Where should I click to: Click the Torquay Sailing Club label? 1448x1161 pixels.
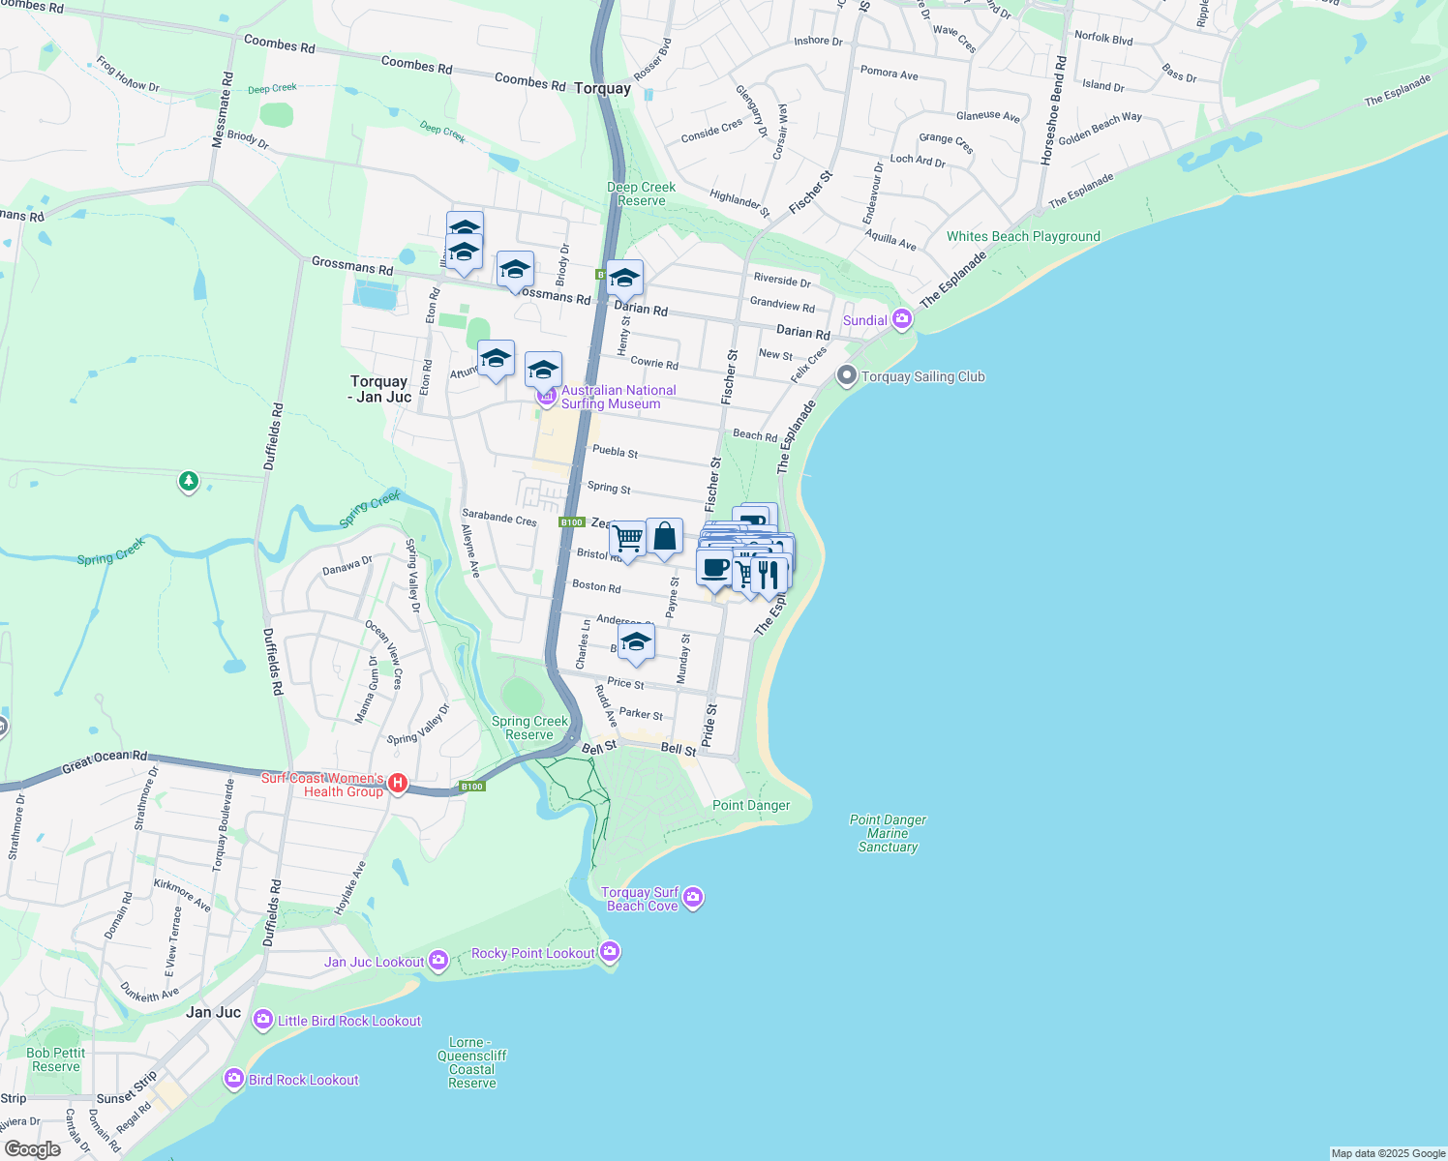(922, 377)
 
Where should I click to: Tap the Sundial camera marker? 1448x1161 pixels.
(902, 319)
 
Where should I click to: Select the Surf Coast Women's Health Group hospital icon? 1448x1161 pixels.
(397, 784)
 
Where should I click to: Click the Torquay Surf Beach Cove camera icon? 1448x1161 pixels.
(693, 899)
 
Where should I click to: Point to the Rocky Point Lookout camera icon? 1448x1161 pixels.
(609, 953)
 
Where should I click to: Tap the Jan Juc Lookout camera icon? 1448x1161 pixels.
(438, 961)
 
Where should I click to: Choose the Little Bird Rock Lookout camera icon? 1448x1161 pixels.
(262, 1020)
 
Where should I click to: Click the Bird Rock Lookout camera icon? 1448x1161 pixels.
(233, 1079)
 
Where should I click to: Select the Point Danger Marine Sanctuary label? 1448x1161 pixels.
(888, 833)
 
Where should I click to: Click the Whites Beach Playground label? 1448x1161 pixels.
(1023, 237)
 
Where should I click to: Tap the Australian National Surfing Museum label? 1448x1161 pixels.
(618, 398)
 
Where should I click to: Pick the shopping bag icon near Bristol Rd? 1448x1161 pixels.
(664, 538)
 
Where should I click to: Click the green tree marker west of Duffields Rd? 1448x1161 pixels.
(189, 481)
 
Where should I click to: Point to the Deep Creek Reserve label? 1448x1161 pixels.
(641, 194)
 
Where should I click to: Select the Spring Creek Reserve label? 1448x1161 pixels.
(529, 729)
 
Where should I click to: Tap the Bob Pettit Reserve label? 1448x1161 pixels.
(56, 1059)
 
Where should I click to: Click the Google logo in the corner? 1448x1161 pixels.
(32, 1148)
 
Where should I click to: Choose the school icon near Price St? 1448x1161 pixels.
(635, 642)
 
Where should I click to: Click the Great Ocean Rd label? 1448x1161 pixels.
(105, 762)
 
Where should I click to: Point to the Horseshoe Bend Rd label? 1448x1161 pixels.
(1053, 111)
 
